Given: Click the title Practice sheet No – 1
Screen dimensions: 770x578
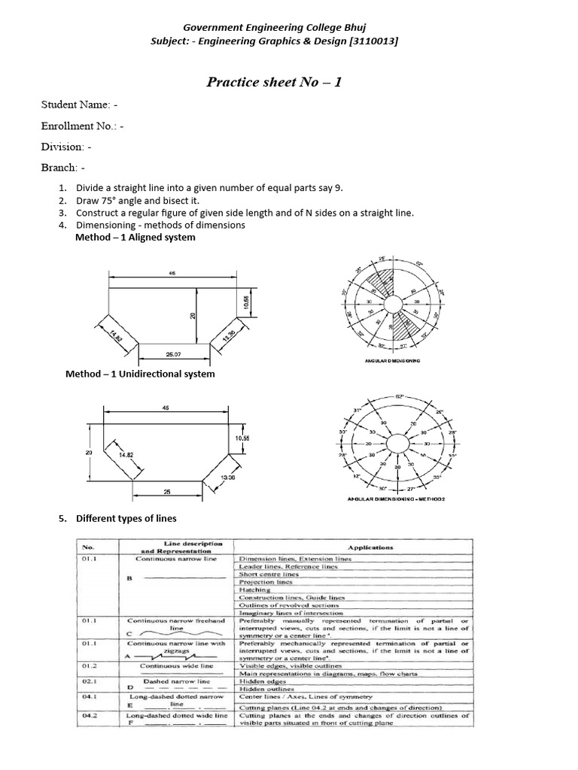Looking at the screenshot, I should click(x=274, y=81).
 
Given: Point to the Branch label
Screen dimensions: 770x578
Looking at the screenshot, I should click(x=63, y=167).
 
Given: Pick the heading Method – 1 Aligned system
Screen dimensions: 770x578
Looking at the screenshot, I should click(x=135, y=237).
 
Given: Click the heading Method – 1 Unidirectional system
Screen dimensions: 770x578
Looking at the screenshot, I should click(x=140, y=374).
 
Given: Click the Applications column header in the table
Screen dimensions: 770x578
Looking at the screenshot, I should click(x=351, y=547).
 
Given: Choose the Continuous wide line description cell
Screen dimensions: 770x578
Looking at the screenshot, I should click(x=176, y=666).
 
